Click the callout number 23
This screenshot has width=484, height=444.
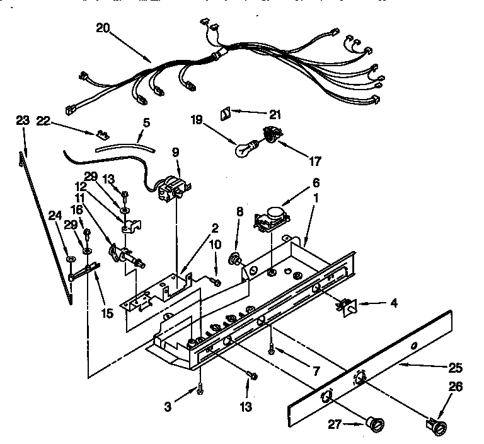(22, 119)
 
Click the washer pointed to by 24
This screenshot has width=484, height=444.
(68, 259)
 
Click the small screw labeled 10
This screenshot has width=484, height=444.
(216, 282)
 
